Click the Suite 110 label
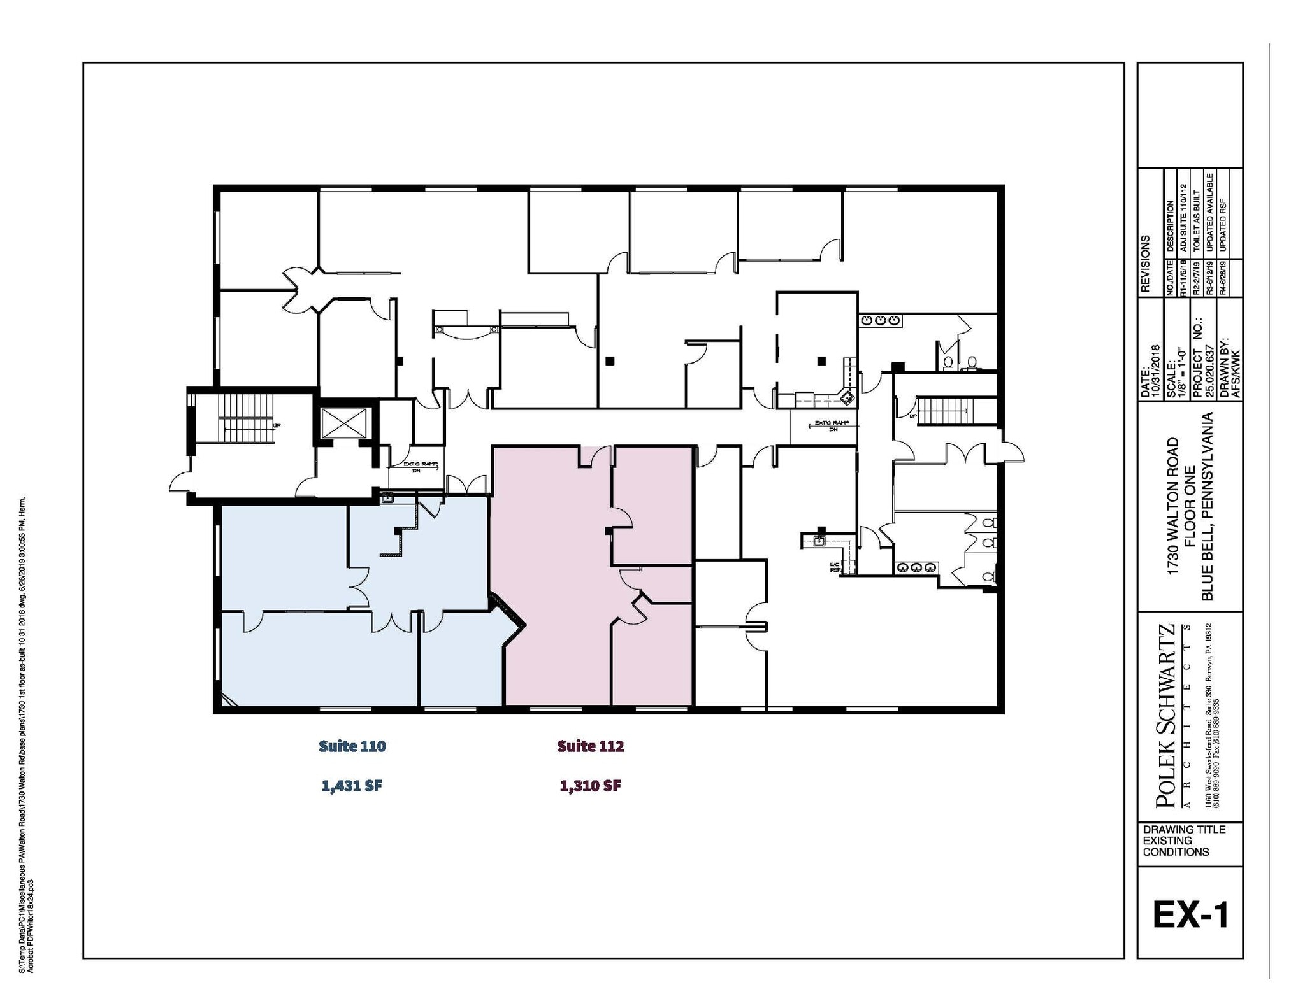[x=352, y=746]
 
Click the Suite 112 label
[x=590, y=746]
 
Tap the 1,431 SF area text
[x=352, y=786]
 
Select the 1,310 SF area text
[x=590, y=786]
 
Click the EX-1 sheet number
[x=1190, y=915]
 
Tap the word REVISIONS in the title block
[x=1146, y=264]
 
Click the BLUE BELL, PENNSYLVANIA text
[x=1206, y=507]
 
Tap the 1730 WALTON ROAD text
[x=1172, y=507]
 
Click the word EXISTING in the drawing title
[x=1167, y=841]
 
